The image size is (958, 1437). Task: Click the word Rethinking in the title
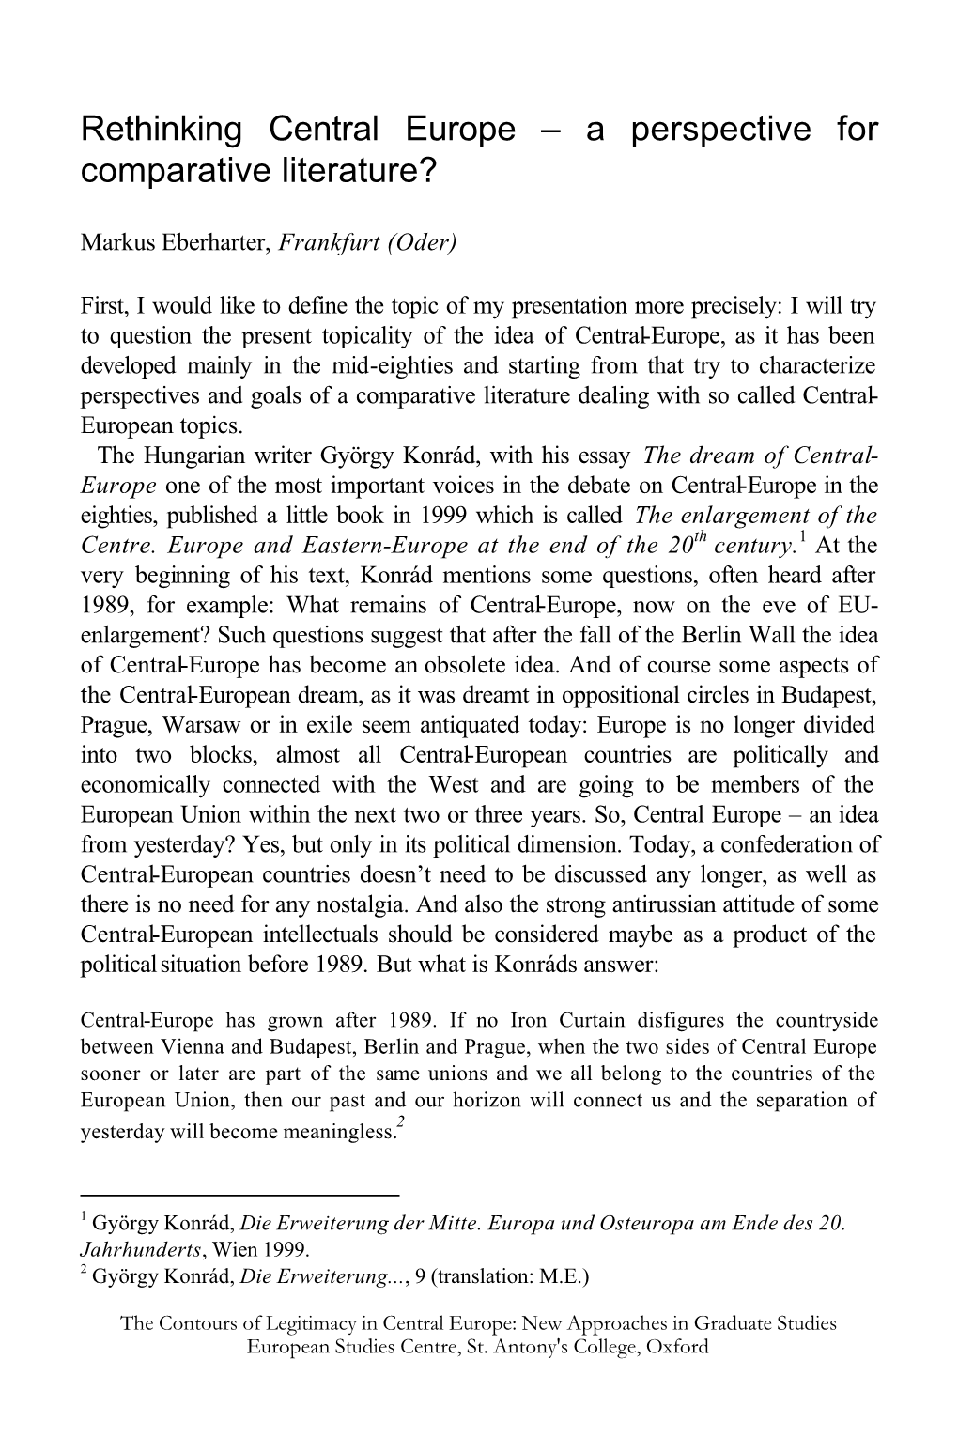pos(161,130)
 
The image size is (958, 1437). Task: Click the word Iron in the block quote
pos(533,1020)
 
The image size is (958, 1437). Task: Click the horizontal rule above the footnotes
pos(240,1195)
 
